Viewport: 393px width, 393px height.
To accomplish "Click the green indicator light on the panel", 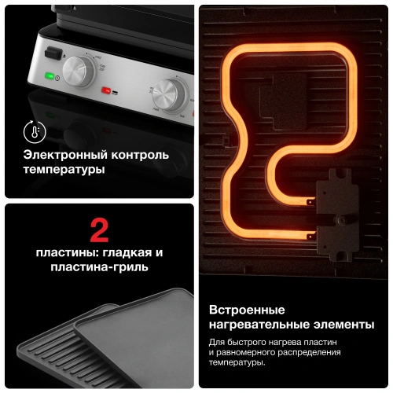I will (49, 76).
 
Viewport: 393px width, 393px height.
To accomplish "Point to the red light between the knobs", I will (106, 90).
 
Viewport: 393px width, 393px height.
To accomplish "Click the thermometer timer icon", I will (33, 130).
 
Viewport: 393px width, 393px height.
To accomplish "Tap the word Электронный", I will (62, 155).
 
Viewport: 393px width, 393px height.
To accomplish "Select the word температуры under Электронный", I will (64, 169).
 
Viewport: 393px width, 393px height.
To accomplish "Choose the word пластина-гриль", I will (99, 267).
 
